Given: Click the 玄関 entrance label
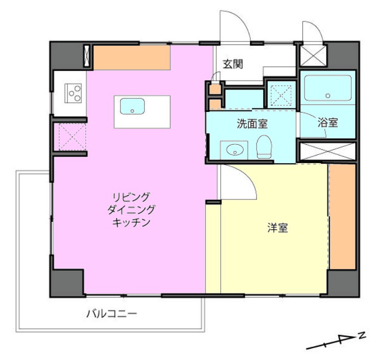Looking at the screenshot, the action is coord(233,64).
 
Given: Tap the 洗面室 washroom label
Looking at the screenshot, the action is coord(252,123).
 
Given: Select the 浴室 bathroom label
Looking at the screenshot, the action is coord(328,123).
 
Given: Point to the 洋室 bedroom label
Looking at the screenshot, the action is coord(278,228).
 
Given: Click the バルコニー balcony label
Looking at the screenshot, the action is coord(112,313).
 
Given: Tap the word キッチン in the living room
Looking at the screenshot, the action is coord(131,222).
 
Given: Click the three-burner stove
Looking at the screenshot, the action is coord(73,94).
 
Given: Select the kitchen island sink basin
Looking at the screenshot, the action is coord(132,106).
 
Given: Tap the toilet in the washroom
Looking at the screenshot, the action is coord(264,147).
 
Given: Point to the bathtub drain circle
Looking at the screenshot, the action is coord(328,96).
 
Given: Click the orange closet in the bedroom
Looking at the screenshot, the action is coord(342,217).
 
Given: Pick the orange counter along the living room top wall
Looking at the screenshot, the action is coord(132,58).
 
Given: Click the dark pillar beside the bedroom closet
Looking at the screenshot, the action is coord(343,283).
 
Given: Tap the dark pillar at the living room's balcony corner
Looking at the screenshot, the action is coord(66,283).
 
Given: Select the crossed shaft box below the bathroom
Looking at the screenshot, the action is coord(327,151).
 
